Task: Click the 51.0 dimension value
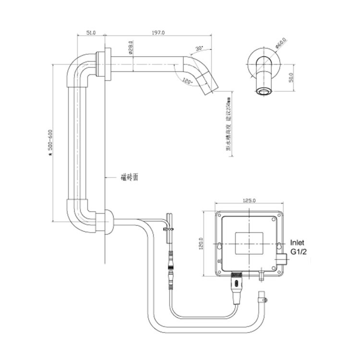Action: coord(91,33)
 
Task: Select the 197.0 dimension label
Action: coord(158,33)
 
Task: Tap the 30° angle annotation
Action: coord(200,48)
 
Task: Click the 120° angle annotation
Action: coord(187,82)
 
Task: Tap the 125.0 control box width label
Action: coord(249,200)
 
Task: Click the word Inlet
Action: coord(297,243)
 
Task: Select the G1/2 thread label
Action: coord(298,252)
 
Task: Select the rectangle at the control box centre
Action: coord(249,242)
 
